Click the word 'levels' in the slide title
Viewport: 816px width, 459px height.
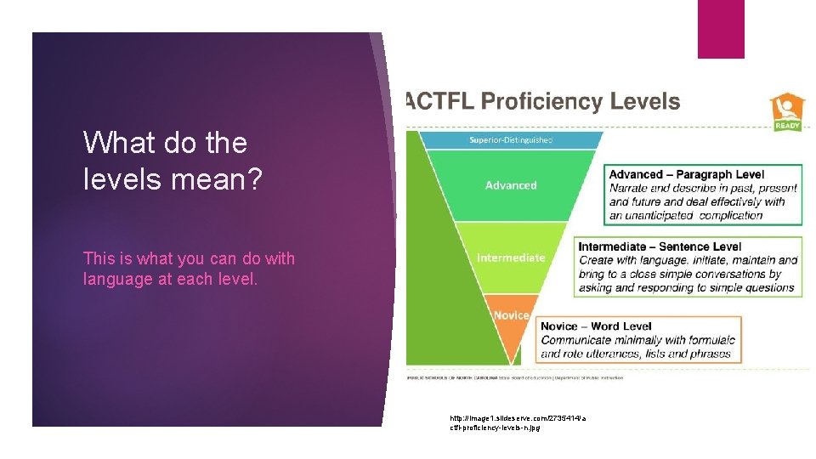click(116, 178)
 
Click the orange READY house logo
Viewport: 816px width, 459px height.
click(785, 112)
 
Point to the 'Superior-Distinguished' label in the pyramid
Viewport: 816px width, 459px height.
click(511, 139)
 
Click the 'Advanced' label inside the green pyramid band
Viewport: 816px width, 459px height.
click(511, 185)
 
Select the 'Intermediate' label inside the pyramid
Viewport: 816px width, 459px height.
click(511, 258)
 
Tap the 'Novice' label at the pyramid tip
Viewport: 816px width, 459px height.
click(511, 315)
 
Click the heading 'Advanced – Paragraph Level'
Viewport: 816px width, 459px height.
click(687, 175)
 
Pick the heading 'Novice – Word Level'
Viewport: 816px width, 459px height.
click(596, 326)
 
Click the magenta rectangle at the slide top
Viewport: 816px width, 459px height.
click(721, 29)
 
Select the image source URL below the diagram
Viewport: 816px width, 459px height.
click(518, 422)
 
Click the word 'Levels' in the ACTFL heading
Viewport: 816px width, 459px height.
click(643, 102)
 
